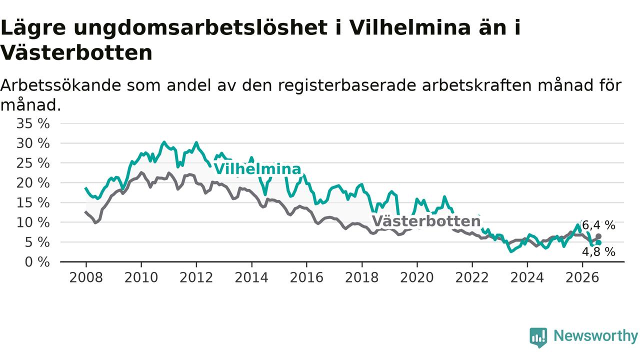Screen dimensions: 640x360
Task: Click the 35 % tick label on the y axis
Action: pyautogui.click(x=33, y=124)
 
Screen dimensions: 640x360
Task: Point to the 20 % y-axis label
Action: pyautogui.click(x=33, y=183)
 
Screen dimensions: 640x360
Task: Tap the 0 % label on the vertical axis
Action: pyautogui.click(x=37, y=262)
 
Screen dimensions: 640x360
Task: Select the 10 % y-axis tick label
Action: pyautogui.click(x=33, y=222)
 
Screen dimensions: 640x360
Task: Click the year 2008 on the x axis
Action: pyautogui.click(x=86, y=277)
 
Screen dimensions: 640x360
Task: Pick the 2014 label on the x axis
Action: pyautogui.click(x=251, y=277)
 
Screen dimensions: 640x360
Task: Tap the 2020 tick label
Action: pyautogui.click(x=417, y=277)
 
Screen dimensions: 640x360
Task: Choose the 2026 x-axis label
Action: pyautogui.click(x=582, y=277)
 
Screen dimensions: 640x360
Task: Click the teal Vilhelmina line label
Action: pyautogui.click(x=257, y=169)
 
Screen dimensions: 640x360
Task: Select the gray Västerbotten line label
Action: pyautogui.click(x=426, y=221)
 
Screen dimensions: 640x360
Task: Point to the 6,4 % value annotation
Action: pyautogui.click(x=598, y=225)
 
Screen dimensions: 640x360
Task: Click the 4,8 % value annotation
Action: pyautogui.click(x=598, y=252)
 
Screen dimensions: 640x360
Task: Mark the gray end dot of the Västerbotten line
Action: pyautogui.click(x=598, y=236)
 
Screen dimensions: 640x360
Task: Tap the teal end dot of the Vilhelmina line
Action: pyautogui.click(x=598, y=243)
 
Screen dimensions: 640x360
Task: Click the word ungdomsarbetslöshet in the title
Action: pyautogui.click(x=200, y=28)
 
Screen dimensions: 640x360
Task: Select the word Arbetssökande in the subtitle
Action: pyautogui.click(x=61, y=85)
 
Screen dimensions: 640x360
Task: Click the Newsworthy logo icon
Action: pyautogui.click(x=538, y=337)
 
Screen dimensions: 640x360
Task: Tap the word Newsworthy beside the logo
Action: pyautogui.click(x=595, y=336)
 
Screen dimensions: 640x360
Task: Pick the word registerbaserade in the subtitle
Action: pyautogui.click(x=347, y=85)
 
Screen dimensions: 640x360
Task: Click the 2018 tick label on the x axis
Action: pyautogui.click(x=361, y=277)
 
